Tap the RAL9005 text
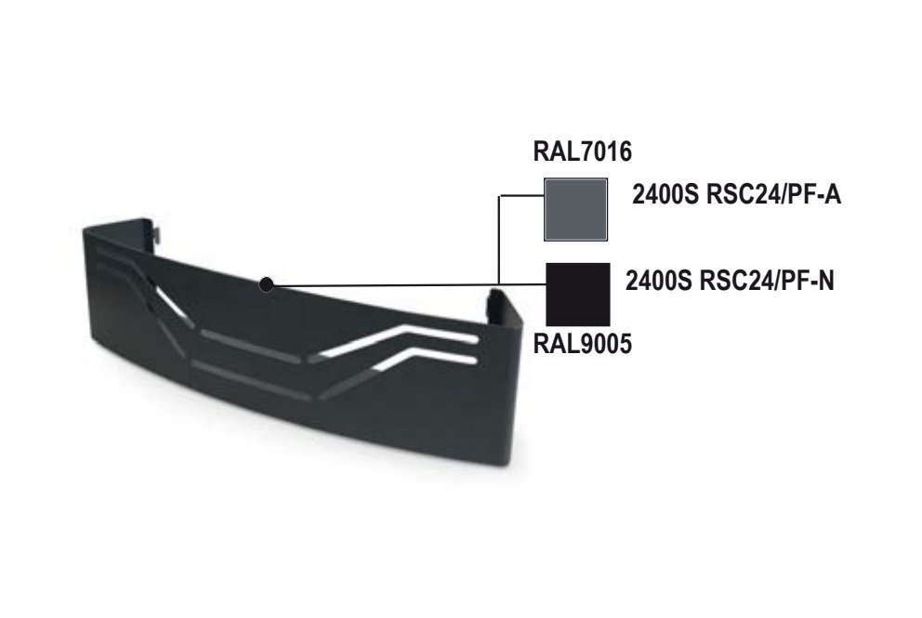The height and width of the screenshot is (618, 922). tap(583, 344)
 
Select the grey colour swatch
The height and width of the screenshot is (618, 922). tap(575, 207)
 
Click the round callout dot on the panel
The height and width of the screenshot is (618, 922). tap(267, 285)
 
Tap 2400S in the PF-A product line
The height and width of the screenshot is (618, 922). tap(663, 197)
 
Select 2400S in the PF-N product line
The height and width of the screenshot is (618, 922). tap(656, 278)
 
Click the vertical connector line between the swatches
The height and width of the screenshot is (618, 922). tap(500, 237)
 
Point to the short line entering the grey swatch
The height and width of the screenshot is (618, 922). tap(520, 195)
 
